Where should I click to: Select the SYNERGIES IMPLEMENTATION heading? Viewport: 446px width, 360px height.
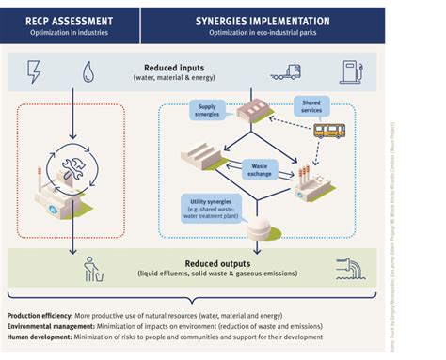[x=263, y=19]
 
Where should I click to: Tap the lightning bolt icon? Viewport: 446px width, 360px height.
[x=34, y=71]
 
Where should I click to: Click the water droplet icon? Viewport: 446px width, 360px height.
[x=87, y=71]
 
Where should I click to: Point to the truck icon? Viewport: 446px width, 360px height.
[x=286, y=70]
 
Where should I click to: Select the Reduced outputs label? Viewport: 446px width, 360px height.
[x=223, y=264]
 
